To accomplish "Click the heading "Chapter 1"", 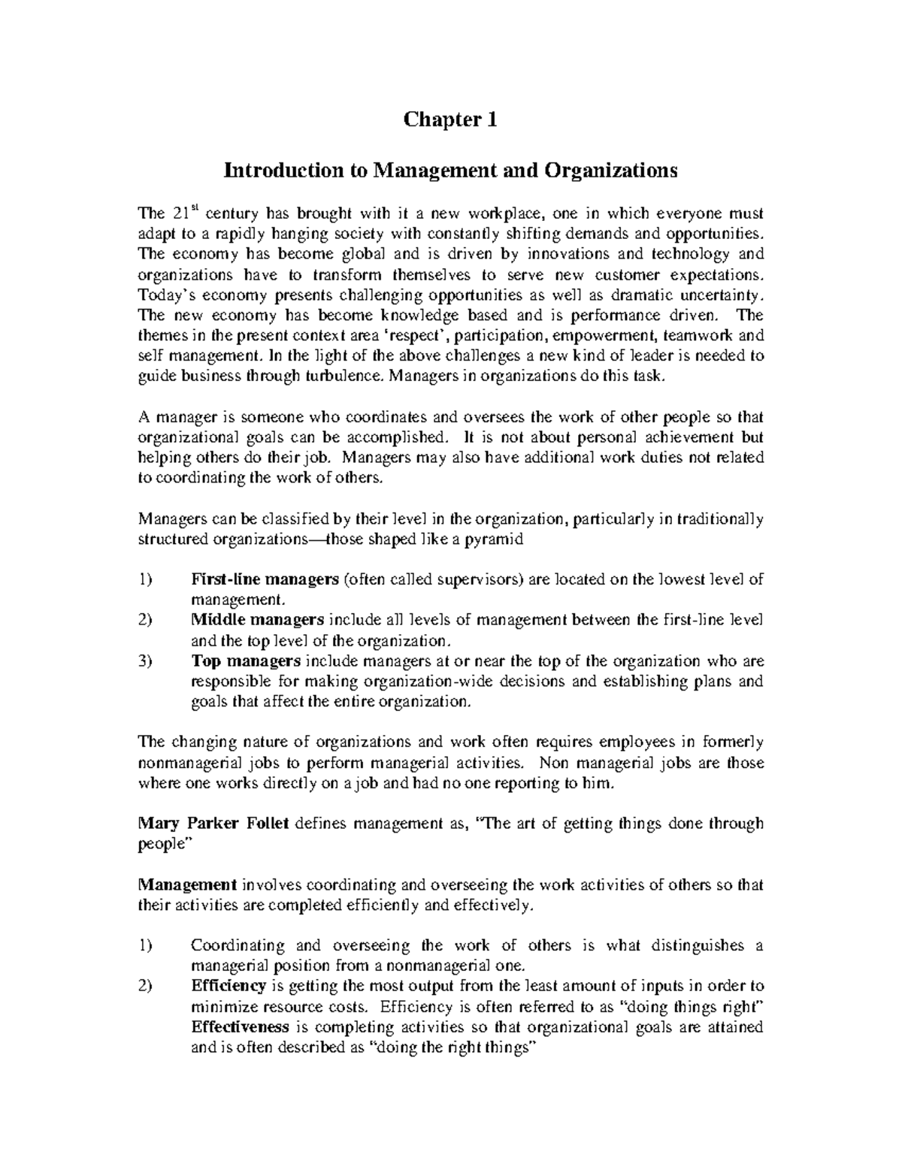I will pos(450,120).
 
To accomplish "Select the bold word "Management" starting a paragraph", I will pos(188,885).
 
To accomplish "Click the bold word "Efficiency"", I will pos(229,986).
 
